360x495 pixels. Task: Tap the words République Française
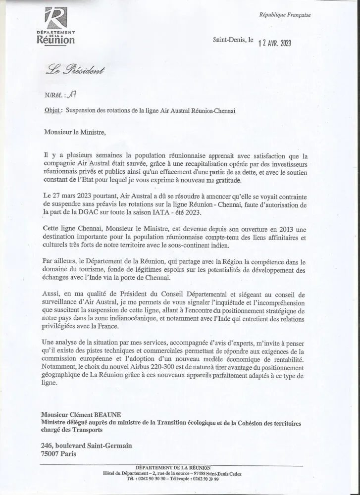click(285, 15)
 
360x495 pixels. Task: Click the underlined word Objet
click(52, 111)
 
